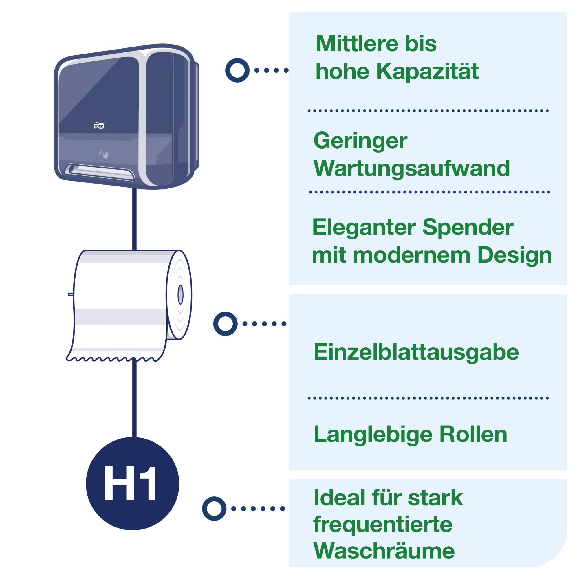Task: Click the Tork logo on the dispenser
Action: [99, 126]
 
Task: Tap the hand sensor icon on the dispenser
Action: [104, 154]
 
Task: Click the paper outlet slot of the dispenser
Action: [100, 172]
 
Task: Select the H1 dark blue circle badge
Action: [133, 484]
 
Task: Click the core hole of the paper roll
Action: [180, 295]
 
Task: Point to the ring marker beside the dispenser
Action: [237, 70]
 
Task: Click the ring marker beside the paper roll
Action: [225, 324]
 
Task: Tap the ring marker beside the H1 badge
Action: [214, 509]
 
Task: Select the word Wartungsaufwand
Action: [411, 168]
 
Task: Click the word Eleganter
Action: [364, 227]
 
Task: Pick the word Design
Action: [514, 255]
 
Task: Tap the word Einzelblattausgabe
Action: [416, 353]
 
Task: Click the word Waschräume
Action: [384, 551]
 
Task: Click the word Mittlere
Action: [357, 44]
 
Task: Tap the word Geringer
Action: [360, 141]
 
